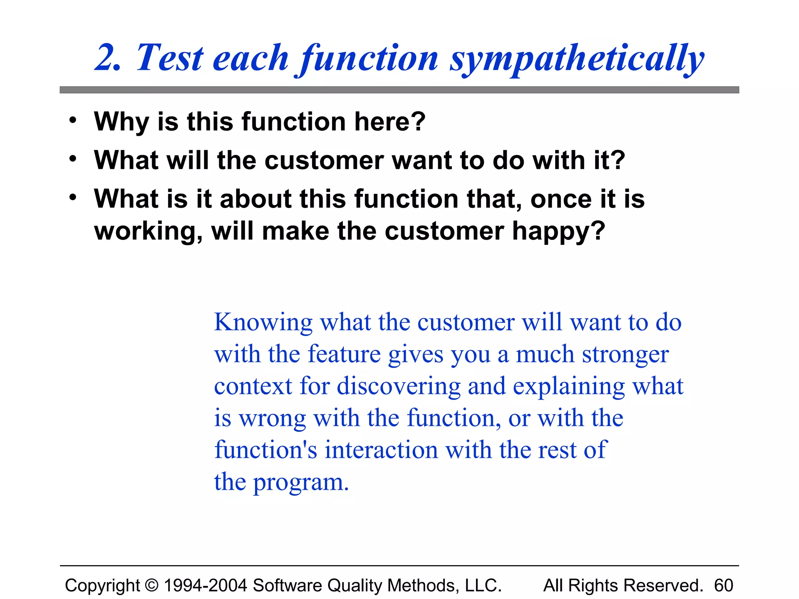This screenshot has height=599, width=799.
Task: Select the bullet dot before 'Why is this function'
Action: (73, 121)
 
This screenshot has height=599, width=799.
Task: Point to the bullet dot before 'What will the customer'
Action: (73, 159)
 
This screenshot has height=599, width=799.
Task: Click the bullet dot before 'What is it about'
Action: (73, 198)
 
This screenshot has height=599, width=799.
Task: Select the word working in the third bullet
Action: (148, 231)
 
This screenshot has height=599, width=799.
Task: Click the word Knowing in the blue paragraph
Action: (263, 323)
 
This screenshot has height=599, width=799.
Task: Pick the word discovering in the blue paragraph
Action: (398, 386)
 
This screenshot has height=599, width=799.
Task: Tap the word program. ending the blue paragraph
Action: (301, 482)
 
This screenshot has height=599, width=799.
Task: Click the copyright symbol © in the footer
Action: (152, 585)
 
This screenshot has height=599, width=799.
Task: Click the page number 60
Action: (723, 585)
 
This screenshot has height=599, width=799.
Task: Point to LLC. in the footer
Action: (483, 585)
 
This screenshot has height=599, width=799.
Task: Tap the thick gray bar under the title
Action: (399, 90)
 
